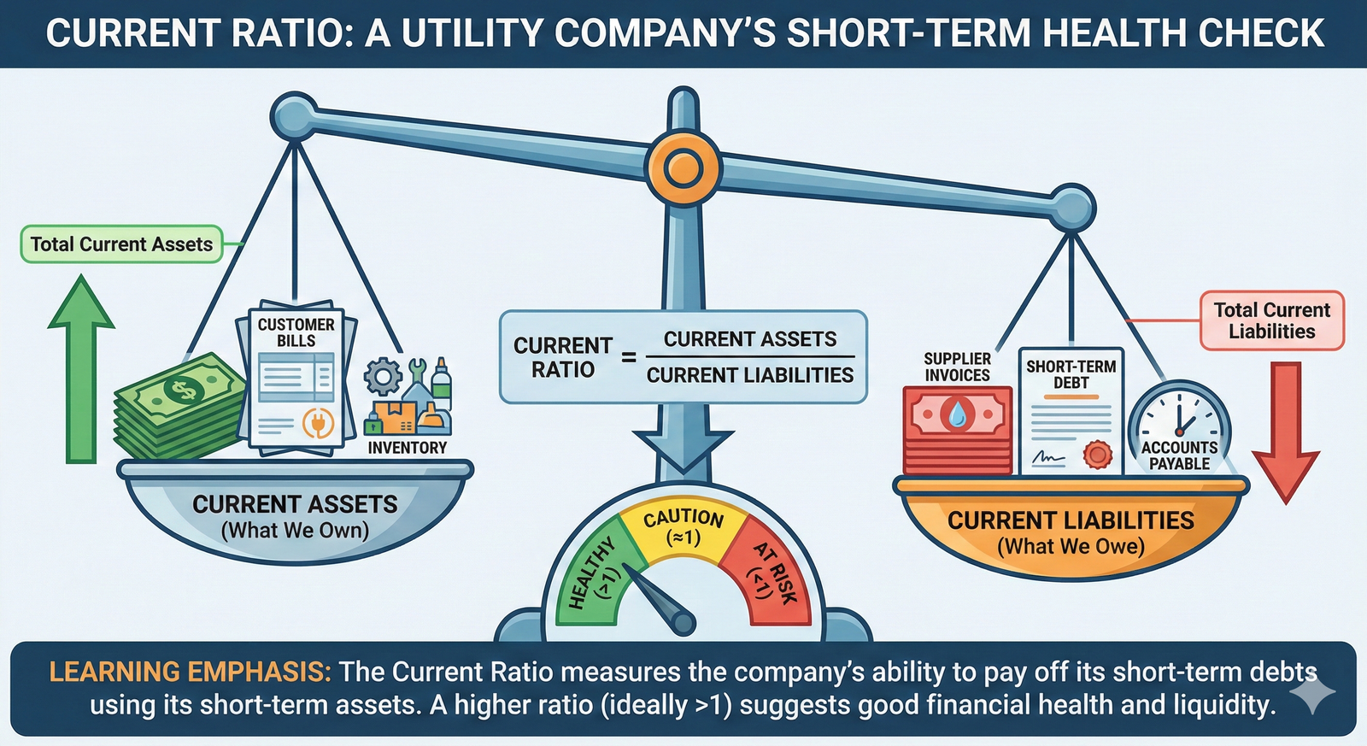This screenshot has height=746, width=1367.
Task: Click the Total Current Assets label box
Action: [121, 244]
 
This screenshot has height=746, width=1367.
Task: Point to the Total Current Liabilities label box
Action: [1271, 320]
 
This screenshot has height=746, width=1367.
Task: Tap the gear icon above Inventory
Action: [382, 376]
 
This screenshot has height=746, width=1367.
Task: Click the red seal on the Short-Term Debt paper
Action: [1097, 454]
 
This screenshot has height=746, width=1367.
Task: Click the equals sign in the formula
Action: [629, 357]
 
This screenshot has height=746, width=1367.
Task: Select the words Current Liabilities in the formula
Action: [749, 375]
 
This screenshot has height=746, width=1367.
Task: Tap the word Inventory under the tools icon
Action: [407, 448]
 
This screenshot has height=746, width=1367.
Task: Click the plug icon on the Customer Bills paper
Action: [317, 423]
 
